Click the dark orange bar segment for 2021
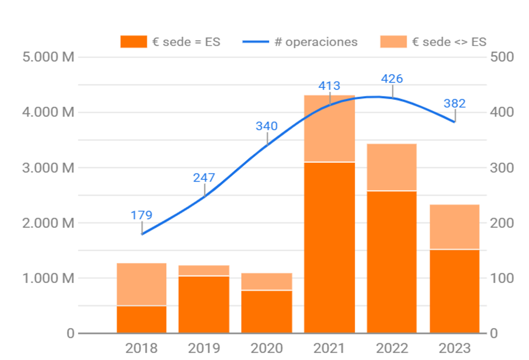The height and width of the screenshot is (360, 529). coord(330,247)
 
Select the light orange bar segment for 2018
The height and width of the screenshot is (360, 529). coord(141,284)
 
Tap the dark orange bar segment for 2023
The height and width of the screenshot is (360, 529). coord(455,291)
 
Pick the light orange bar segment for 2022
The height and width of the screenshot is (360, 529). coord(392,167)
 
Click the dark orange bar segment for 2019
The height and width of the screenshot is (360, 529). coord(204,304)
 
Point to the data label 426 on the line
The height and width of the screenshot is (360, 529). coord(392,79)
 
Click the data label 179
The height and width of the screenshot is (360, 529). coord(141,215)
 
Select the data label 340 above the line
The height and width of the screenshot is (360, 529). coord(267,126)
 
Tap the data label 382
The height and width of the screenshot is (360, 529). coord(454,104)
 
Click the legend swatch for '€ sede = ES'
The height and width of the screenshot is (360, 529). coord(133,42)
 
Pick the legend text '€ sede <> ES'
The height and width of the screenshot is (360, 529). coord(449,42)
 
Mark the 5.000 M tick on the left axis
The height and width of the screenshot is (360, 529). coord(48,57)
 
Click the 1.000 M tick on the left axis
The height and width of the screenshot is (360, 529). coord(48,278)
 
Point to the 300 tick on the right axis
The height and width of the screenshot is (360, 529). coord(501,168)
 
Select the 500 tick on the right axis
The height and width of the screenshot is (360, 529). coord(501,57)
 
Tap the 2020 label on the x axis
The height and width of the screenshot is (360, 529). coord(267,348)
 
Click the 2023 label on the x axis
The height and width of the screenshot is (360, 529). coord(455,348)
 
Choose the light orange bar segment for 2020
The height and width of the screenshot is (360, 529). coord(267,281)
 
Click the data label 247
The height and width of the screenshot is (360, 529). coord(204,178)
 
